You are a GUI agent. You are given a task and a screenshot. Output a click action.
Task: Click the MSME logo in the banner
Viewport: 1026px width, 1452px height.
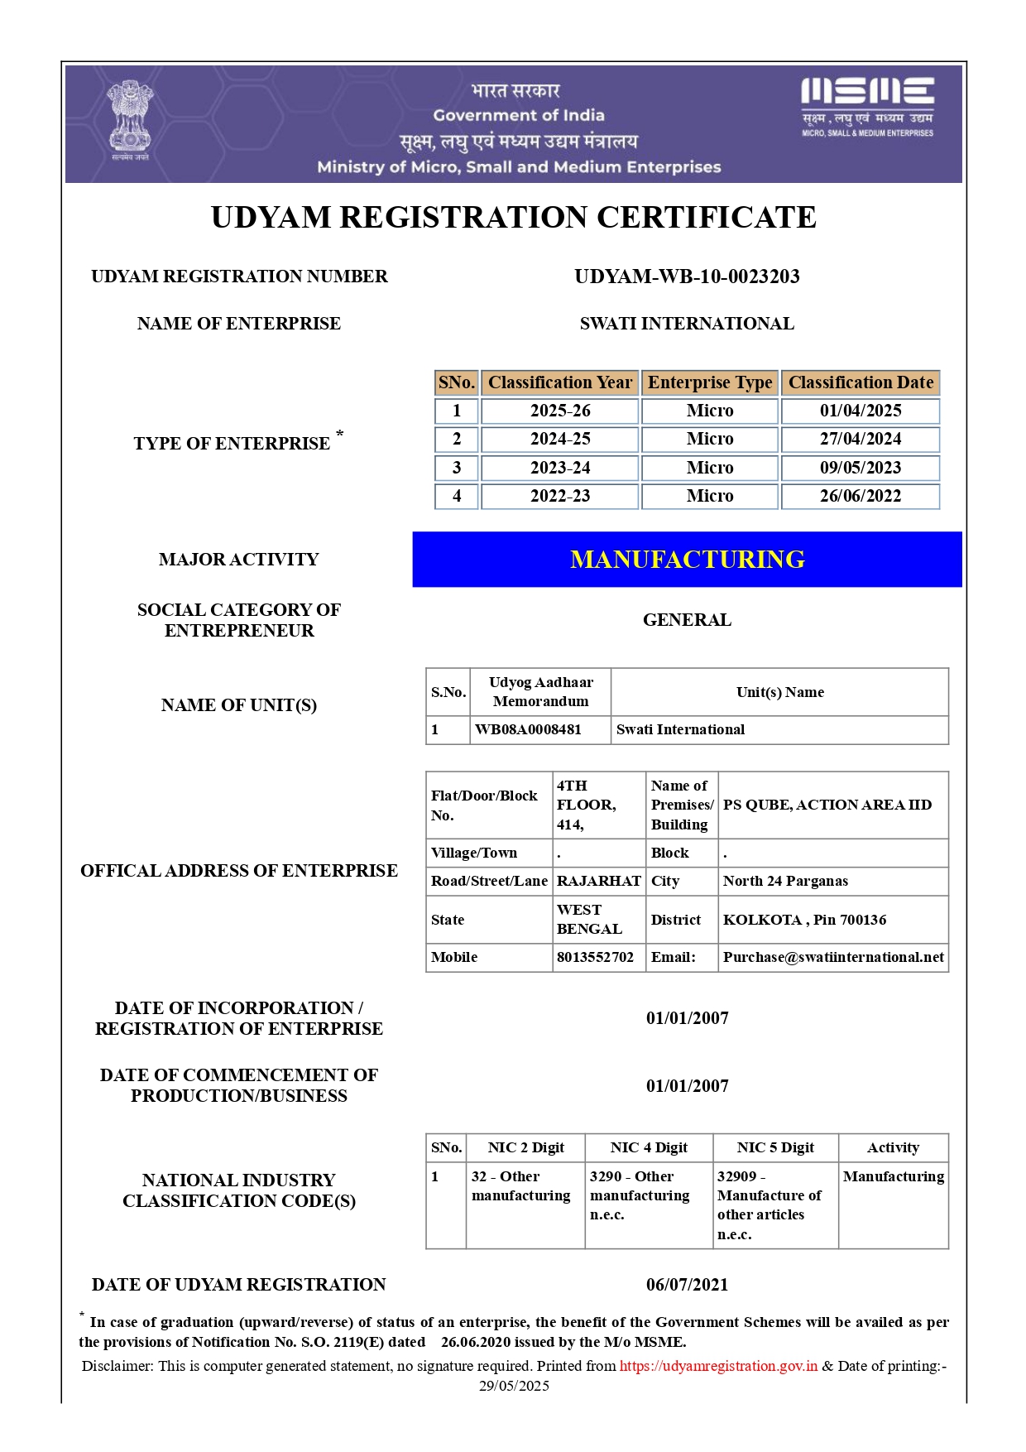tap(867, 106)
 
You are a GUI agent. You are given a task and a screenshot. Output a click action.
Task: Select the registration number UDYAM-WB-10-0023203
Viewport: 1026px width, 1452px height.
tap(687, 276)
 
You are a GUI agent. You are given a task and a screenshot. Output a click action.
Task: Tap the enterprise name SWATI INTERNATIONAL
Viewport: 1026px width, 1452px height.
tap(687, 324)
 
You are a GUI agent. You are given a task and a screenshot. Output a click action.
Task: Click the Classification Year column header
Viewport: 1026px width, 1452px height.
tap(559, 382)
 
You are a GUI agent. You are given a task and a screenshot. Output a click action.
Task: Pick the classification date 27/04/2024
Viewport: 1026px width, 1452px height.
tap(861, 439)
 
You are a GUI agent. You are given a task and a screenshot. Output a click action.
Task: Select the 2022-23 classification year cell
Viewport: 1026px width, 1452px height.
tap(559, 496)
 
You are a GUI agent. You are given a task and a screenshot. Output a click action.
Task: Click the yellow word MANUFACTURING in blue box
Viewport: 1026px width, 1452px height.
tap(687, 560)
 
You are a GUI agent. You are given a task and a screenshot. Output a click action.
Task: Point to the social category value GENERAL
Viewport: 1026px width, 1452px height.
tap(687, 620)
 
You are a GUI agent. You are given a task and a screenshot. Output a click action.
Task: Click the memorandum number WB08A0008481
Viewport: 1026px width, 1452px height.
tap(528, 729)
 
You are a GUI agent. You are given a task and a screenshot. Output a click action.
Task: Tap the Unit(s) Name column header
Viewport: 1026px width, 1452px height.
tap(779, 692)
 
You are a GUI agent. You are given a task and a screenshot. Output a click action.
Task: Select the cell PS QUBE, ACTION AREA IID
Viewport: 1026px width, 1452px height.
tap(827, 805)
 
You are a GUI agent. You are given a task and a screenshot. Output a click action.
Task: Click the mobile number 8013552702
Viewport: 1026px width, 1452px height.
tap(595, 957)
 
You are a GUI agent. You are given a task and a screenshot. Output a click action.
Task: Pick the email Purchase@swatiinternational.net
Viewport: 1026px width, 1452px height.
tap(833, 957)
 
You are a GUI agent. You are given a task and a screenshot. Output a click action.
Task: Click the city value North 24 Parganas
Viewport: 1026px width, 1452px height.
tap(785, 881)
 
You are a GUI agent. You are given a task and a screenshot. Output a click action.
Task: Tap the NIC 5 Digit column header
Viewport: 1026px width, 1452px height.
tap(775, 1147)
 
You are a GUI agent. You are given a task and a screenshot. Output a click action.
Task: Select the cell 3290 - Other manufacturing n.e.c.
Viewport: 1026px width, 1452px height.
tap(639, 1195)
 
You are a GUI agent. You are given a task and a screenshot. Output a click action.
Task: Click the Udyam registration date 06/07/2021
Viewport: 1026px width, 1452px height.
tap(687, 1285)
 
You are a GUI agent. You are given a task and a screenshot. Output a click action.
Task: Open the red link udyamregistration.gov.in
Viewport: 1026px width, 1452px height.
tap(718, 1366)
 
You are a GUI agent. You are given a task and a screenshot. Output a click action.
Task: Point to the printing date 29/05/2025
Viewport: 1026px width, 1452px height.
tap(514, 1386)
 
